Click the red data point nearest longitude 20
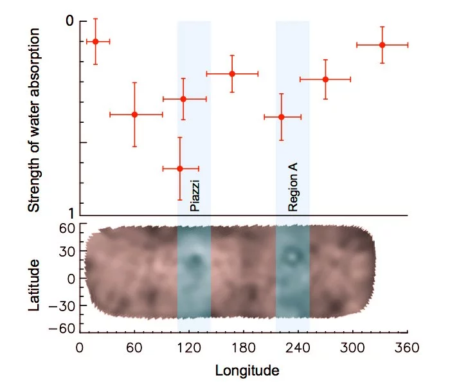[x=96, y=41]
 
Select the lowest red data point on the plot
[x=180, y=168]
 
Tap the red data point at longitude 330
[x=382, y=45]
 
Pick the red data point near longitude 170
[x=232, y=74]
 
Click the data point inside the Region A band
[x=282, y=117]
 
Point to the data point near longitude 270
[x=325, y=79]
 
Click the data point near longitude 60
[x=134, y=114]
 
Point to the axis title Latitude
[x=35, y=285]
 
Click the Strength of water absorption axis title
[x=35, y=120]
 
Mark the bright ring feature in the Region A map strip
[x=293, y=256]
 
